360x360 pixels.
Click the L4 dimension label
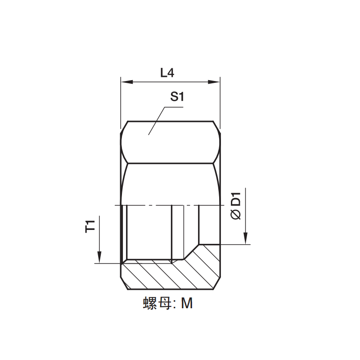167,73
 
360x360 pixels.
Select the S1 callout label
177,96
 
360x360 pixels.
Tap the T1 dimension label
90,226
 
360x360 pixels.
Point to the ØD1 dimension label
236,206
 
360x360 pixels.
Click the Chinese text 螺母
157,303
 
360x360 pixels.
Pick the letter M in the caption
187,303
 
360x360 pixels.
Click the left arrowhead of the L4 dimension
127,82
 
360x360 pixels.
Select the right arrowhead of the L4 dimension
214,82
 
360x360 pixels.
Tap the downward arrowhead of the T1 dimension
99,257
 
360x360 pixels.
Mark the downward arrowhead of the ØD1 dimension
245,238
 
